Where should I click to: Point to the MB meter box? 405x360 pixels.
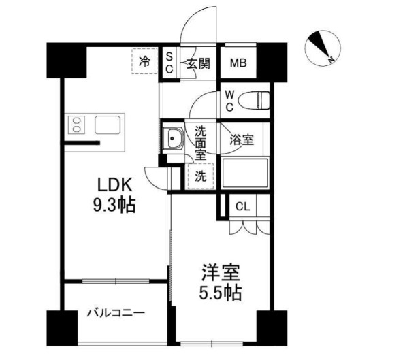point(237,64)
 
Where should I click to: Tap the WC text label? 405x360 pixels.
point(229,100)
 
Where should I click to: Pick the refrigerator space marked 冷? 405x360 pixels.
point(145,63)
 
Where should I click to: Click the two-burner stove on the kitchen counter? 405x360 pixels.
point(76,126)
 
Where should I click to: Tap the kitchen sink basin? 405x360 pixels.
point(108,125)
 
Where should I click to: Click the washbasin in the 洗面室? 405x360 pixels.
point(174,140)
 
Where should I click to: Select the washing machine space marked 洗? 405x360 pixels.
point(200,174)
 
